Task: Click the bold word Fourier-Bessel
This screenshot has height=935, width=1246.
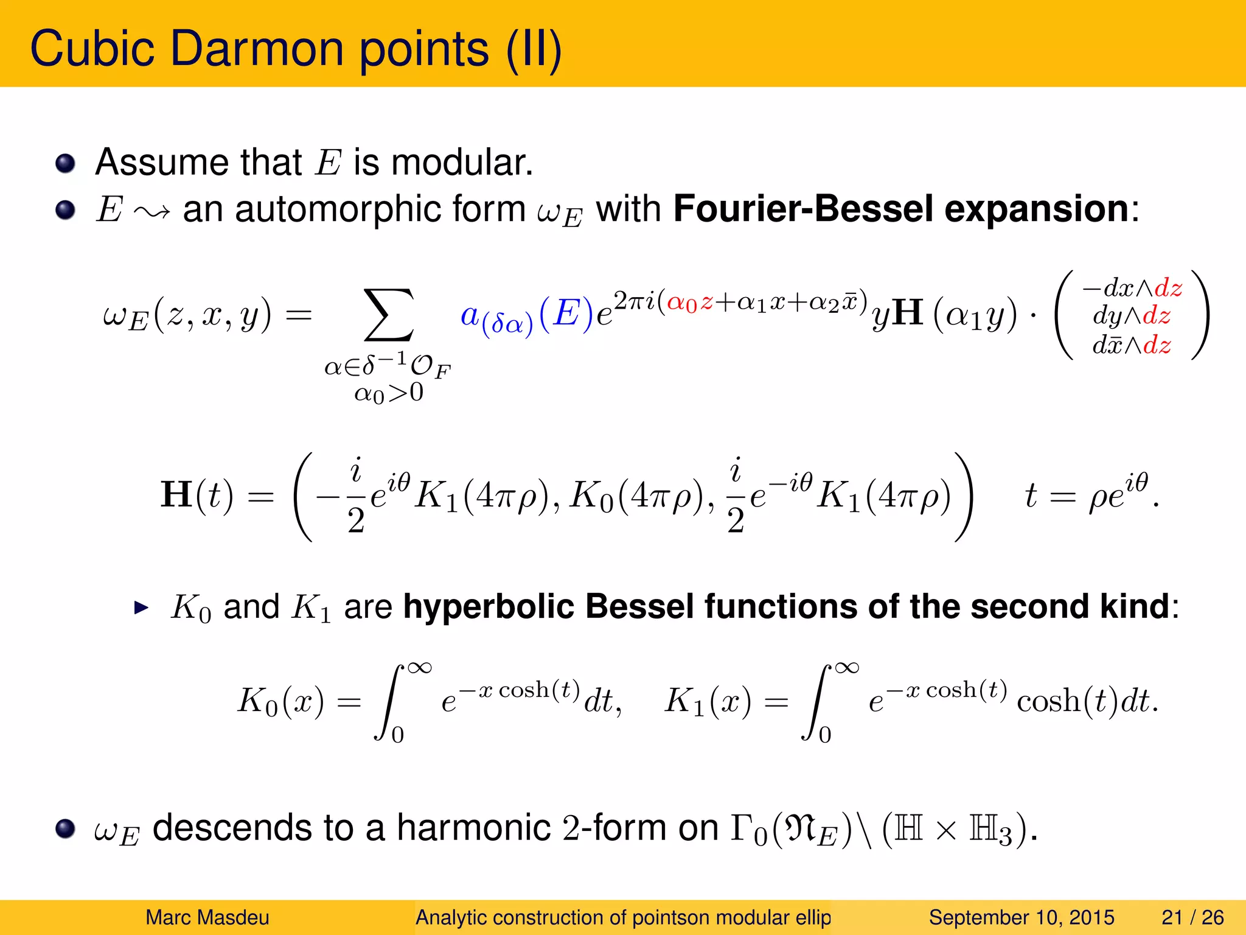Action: (x=803, y=209)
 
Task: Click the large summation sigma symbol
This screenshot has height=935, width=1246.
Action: (x=388, y=315)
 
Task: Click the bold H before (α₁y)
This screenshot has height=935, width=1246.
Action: (x=909, y=313)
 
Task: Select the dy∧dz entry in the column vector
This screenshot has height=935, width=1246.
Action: (x=1132, y=316)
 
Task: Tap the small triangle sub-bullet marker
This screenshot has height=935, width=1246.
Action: (x=141, y=608)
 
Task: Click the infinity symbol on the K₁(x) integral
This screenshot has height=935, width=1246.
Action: (x=847, y=668)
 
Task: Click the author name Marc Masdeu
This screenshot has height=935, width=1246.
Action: (x=207, y=917)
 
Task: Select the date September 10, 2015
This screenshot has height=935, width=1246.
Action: (x=1022, y=917)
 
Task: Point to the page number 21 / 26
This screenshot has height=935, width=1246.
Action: (x=1192, y=917)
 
